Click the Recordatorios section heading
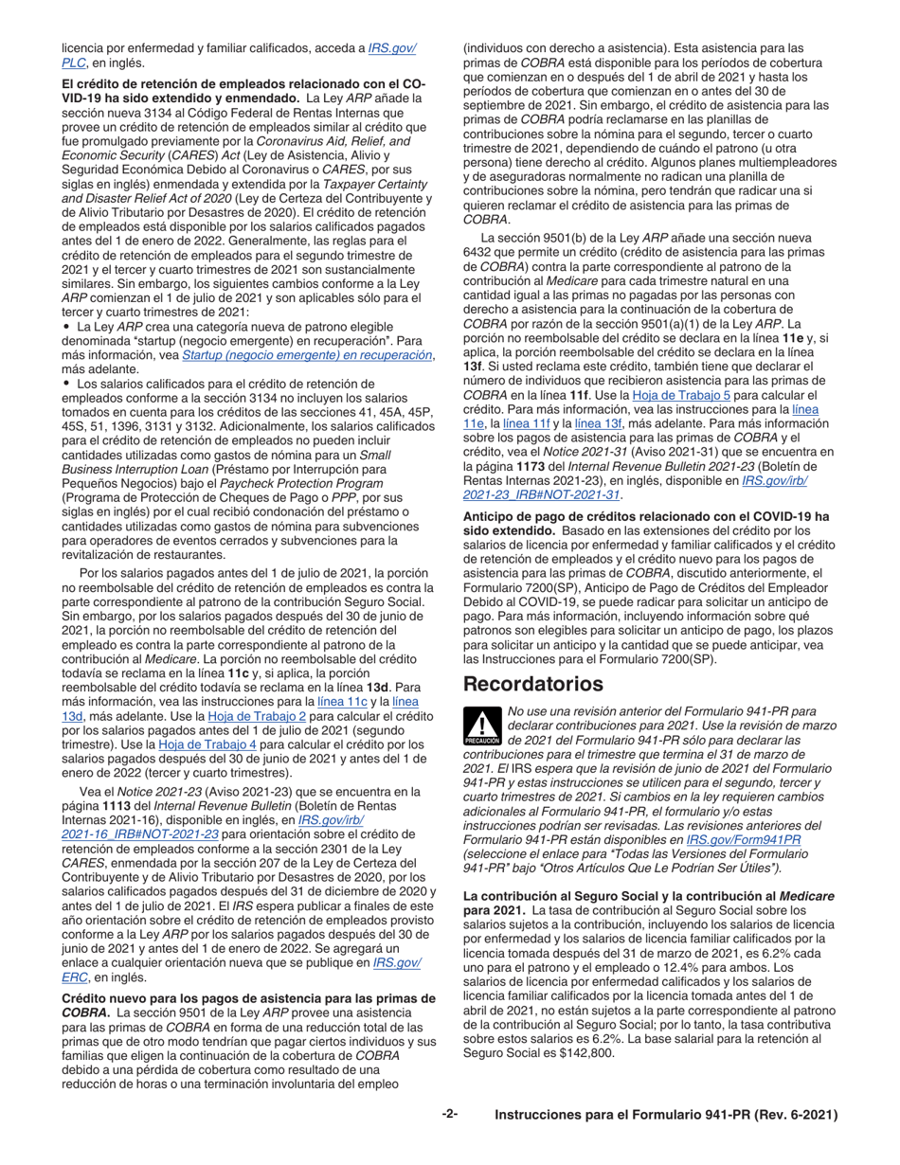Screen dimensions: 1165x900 coord(531,683)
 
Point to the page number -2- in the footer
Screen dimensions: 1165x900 coord(450,1115)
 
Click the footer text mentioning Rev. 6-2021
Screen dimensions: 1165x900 coord(666,1116)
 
